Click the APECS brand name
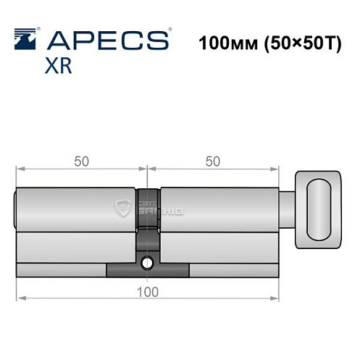point(109,40)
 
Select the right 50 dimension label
point(212,161)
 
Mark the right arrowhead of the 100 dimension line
point(276,298)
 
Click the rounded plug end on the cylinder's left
point(17,209)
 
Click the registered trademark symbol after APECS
point(170,30)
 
